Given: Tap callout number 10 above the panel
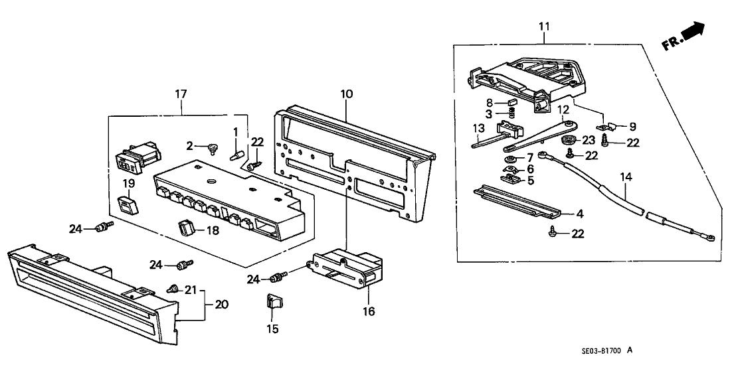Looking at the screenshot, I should (x=346, y=95).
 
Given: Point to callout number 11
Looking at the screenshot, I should (x=544, y=27).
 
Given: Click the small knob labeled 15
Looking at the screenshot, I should (x=272, y=303).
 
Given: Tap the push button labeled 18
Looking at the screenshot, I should (x=187, y=229).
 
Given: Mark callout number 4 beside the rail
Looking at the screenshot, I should (x=580, y=214).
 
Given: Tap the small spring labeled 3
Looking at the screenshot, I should (x=511, y=119).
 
